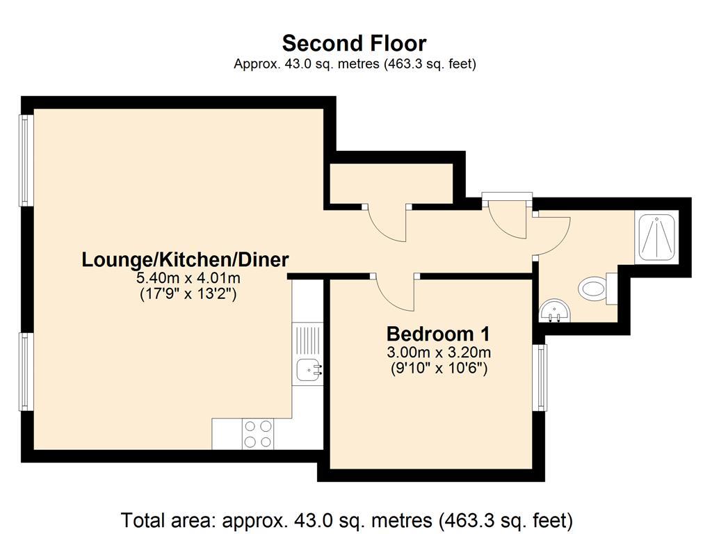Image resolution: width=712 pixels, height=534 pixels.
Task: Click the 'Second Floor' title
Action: coord(354,43)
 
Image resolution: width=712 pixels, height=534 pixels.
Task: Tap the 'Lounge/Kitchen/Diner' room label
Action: coord(185,260)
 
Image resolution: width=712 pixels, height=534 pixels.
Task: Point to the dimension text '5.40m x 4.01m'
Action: coord(188,279)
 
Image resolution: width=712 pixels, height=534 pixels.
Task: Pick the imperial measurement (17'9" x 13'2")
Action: coord(188,294)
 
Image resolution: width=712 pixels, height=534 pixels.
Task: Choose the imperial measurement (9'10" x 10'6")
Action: coord(438,368)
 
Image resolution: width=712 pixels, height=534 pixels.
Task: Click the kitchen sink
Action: coord(308,370)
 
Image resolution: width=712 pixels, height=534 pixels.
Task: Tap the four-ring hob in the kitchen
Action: coord(257,434)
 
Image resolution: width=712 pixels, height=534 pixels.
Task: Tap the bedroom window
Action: coord(540,377)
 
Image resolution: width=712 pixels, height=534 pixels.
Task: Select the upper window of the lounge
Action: coord(26,160)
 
